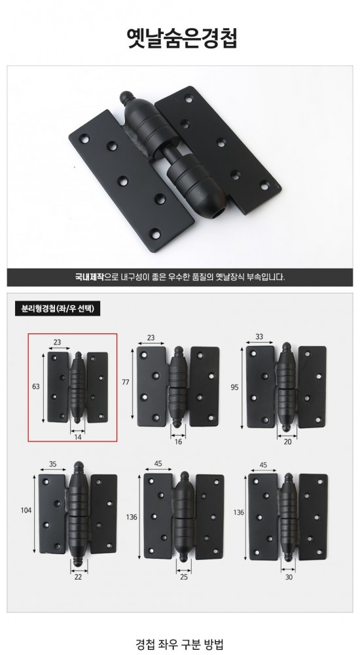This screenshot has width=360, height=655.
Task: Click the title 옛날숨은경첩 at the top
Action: tap(182, 39)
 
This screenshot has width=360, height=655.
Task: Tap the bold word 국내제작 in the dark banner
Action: tap(89, 276)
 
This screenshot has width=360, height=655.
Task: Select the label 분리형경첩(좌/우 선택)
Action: tap(58, 309)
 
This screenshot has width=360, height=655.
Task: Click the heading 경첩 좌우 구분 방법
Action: tap(179, 643)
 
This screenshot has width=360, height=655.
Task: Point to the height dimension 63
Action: tap(36, 386)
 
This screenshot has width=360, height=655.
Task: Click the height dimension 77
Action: tap(126, 382)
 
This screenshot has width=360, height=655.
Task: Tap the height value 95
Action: tap(234, 387)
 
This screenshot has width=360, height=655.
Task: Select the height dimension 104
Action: tap(26, 510)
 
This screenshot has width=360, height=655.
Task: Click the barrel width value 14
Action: tap(78, 438)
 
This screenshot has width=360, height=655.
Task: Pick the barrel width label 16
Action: tap(178, 441)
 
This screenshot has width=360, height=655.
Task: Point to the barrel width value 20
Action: tap(287, 441)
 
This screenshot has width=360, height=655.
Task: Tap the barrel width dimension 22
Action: tap(78, 577)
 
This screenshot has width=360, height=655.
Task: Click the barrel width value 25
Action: tap(184, 577)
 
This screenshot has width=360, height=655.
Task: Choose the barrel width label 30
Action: tap(289, 577)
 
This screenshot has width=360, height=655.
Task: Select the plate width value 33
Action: tap(259, 336)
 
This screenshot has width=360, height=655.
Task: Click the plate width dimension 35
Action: tap(52, 463)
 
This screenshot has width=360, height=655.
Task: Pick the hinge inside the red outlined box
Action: tap(77, 387)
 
